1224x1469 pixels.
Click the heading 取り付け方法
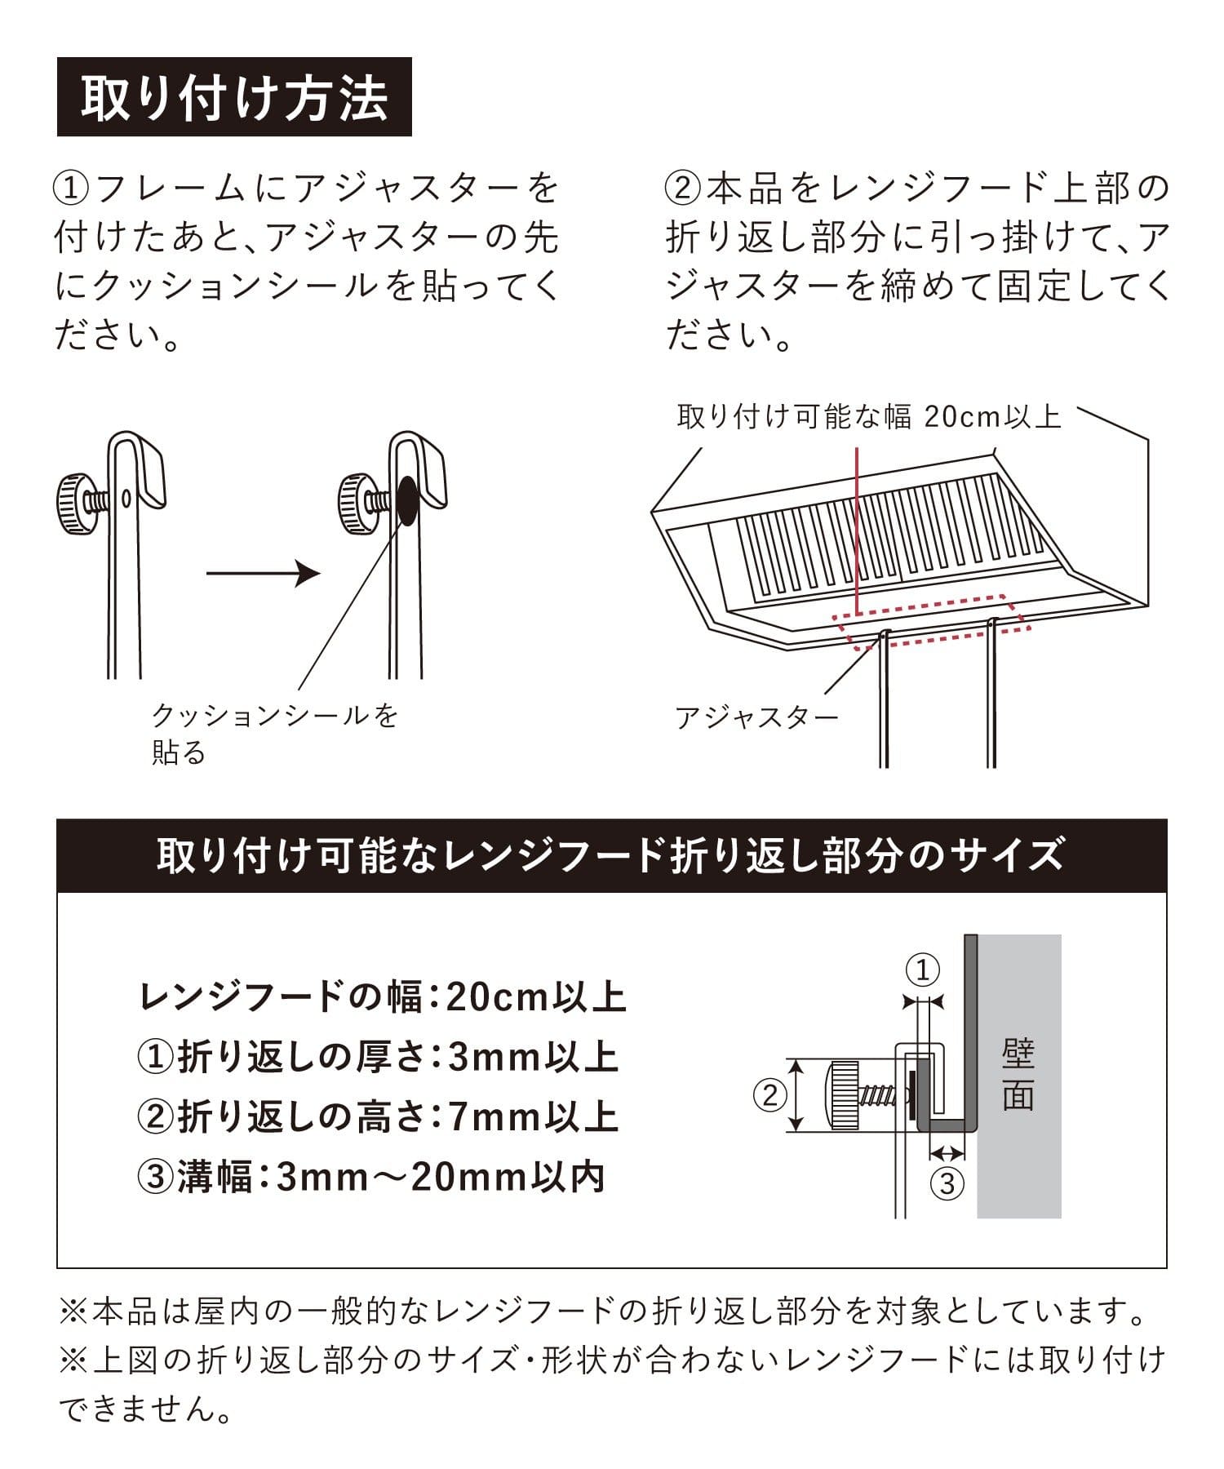click(x=234, y=97)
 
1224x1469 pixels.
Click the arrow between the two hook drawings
click(x=263, y=573)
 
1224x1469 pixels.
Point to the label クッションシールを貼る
click(x=274, y=734)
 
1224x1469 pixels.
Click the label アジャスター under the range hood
click(x=756, y=717)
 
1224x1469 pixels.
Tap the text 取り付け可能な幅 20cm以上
click(x=869, y=417)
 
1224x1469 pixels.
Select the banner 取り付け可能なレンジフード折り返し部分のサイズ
click(x=611, y=855)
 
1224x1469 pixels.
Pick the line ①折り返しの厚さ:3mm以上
click(x=378, y=1057)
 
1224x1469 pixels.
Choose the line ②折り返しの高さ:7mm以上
click(x=378, y=1116)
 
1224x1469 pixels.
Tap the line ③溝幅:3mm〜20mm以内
click(x=371, y=1177)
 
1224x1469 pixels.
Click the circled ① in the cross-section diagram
click(x=923, y=970)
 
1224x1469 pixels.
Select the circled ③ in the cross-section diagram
click(x=947, y=1183)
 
